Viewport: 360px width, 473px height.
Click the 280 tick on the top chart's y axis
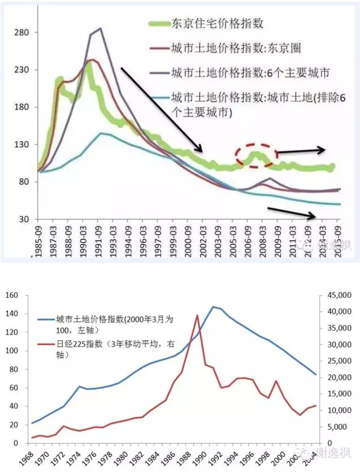21,32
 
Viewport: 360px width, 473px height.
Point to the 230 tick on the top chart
21,70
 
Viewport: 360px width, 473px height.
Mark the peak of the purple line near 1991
100,28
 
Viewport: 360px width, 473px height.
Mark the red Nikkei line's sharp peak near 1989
197,315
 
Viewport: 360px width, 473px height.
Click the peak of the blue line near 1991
213,307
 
